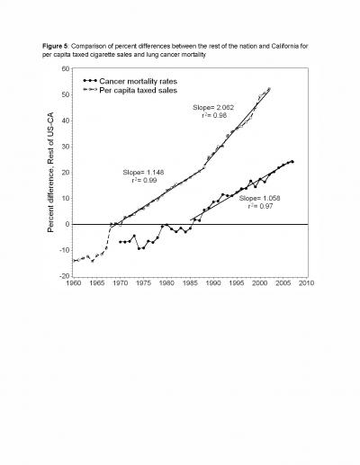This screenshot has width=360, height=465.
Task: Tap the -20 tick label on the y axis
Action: tap(64, 276)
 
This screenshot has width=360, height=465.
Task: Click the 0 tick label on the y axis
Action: tap(67, 224)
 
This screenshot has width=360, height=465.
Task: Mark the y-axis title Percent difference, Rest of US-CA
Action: tap(50, 172)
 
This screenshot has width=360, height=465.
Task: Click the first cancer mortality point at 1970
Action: tap(120, 242)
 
